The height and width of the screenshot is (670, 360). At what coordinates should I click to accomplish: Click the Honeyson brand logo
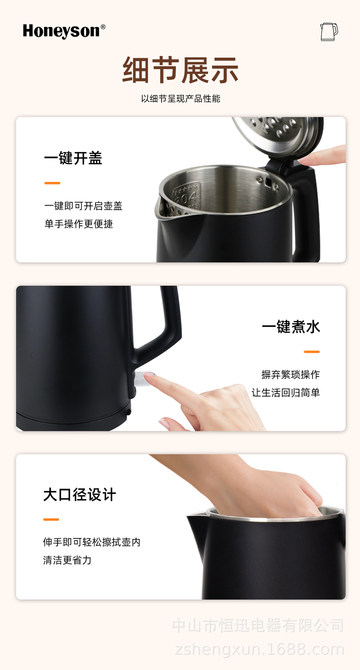64,31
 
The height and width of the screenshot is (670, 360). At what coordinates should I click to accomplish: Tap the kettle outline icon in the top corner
329,32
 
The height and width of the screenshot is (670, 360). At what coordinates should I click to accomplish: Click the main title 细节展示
180,70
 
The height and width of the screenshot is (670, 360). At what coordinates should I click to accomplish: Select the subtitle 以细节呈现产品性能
180,99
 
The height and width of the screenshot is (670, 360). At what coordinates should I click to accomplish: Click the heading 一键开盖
73,158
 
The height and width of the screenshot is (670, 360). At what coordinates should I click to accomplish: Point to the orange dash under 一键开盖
52,183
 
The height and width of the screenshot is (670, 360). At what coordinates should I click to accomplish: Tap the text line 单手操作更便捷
78,224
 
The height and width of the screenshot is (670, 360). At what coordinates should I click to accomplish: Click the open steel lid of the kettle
277,136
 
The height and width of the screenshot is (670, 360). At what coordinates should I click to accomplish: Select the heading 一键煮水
291,327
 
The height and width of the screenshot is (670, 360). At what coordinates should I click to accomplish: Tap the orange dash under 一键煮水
312,352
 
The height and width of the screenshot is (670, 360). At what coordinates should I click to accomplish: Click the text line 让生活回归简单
286,393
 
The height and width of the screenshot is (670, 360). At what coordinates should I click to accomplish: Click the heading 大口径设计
80,495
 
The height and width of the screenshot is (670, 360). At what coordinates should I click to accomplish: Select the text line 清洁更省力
67,560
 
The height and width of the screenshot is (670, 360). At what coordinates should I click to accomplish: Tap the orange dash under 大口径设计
51,520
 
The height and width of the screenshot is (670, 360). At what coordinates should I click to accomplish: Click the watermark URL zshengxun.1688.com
260,649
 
